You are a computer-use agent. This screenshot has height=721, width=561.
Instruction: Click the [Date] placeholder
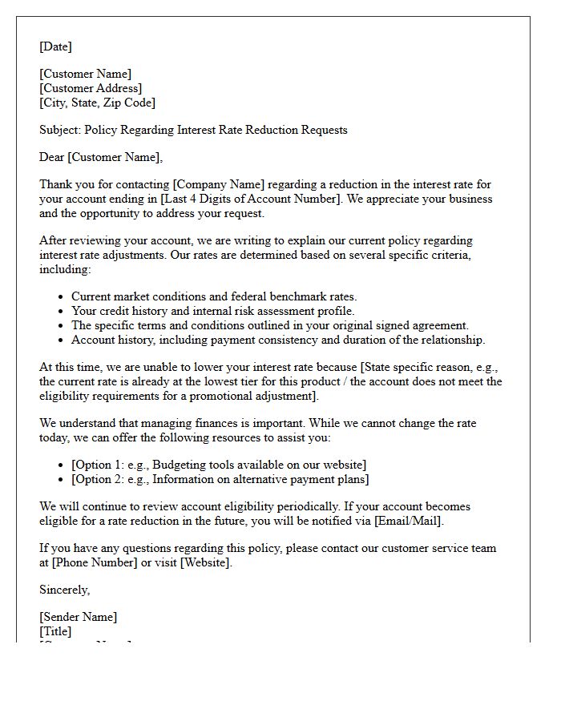click(55, 46)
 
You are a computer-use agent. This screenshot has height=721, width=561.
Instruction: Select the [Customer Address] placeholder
click(91, 88)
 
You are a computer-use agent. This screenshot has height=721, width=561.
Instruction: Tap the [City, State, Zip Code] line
click(97, 103)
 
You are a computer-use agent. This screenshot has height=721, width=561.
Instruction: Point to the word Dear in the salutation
click(52, 157)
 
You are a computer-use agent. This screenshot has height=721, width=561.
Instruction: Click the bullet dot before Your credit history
click(61, 311)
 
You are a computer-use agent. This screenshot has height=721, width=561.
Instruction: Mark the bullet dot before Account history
click(61, 340)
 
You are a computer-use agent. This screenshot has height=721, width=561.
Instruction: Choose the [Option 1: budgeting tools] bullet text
click(219, 465)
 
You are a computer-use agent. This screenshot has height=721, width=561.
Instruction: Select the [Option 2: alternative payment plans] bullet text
click(220, 479)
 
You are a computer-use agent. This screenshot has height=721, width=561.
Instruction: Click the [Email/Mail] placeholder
click(408, 521)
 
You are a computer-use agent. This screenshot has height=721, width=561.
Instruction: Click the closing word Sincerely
click(64, 590)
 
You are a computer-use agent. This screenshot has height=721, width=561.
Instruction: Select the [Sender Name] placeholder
click(78, 617)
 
